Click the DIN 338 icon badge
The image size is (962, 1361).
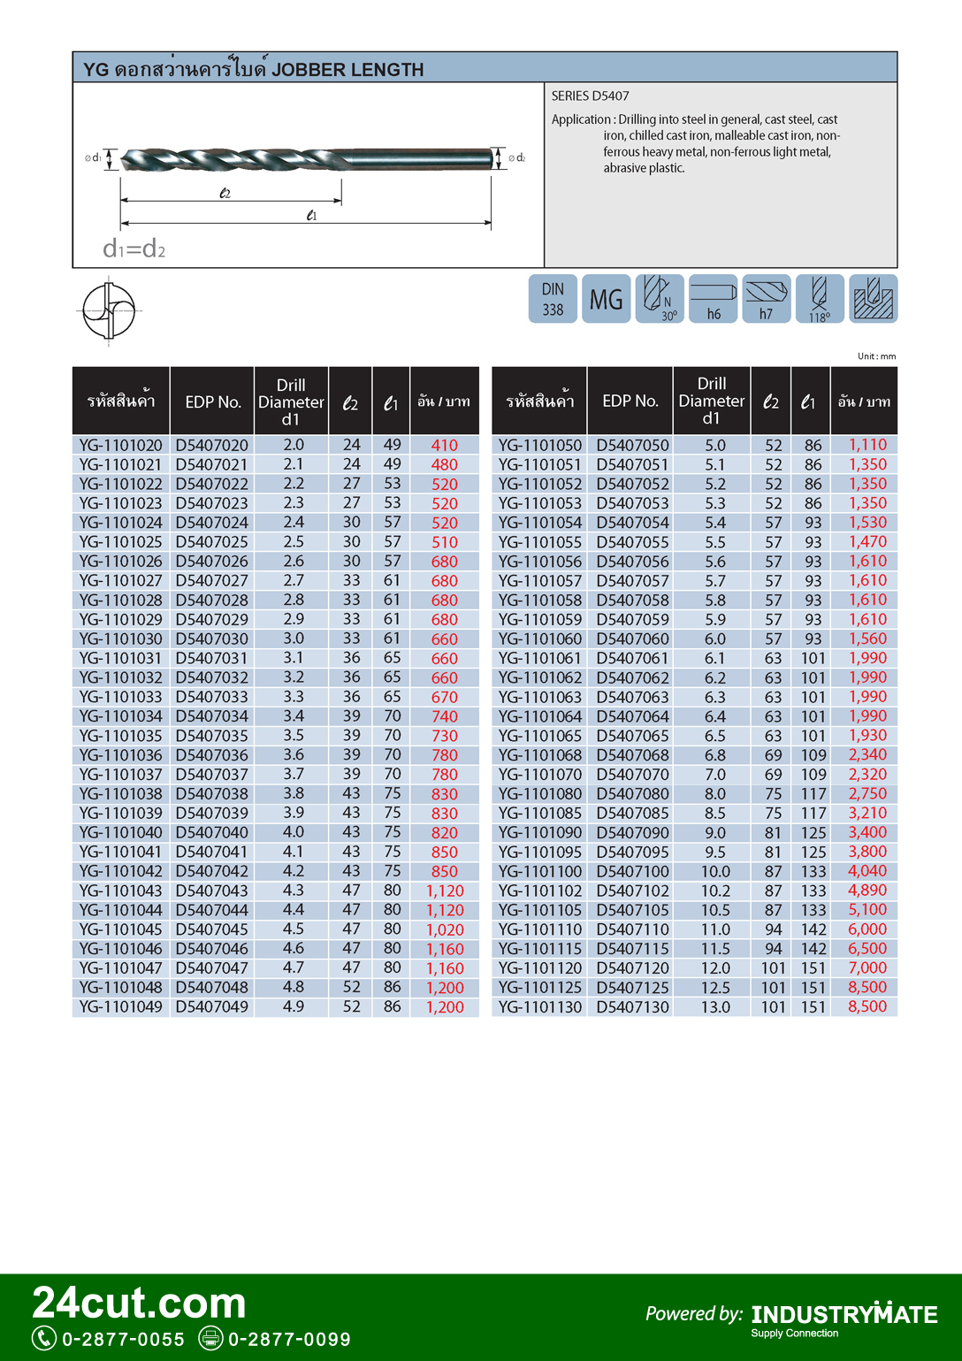553,299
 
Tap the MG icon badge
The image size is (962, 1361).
606,299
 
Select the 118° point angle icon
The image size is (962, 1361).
819,299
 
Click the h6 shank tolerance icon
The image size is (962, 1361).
713,299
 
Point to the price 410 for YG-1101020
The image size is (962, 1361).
444,445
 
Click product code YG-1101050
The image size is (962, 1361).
539,445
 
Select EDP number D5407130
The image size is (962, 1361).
632,1006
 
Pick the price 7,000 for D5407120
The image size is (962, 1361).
867,967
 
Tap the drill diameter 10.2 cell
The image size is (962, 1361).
714,891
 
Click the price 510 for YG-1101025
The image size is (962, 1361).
444,542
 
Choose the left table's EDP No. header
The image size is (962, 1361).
212,401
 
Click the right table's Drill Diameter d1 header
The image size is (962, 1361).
711,401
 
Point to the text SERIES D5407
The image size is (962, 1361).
590,96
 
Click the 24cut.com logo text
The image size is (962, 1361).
139,1303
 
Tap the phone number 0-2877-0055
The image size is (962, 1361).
123,1339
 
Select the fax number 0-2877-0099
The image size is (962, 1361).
289,1339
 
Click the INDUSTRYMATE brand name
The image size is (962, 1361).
844,1315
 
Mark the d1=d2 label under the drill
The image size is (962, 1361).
134,248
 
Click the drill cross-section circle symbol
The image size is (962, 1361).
109,310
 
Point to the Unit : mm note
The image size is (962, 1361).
875,356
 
